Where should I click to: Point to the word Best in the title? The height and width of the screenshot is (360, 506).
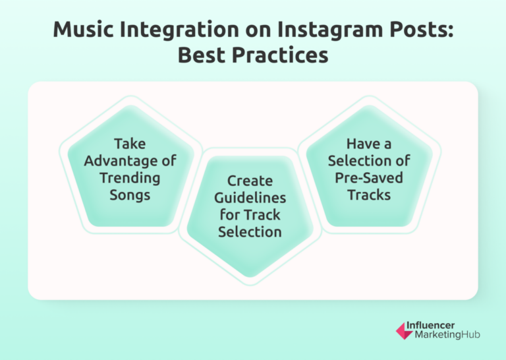point(202,55)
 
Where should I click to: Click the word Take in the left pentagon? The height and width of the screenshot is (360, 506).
point(130,143)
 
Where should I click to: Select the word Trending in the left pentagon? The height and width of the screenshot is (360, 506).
point(130,177)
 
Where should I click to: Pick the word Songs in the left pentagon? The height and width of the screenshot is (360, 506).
point(130,195)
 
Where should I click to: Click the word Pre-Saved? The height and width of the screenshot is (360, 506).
point(369,177)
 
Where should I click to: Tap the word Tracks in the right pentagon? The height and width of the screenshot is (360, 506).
point(369,195)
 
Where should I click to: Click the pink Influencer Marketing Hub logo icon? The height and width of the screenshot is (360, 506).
point(404,330)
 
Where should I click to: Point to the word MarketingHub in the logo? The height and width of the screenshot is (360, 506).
point(447,336)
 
